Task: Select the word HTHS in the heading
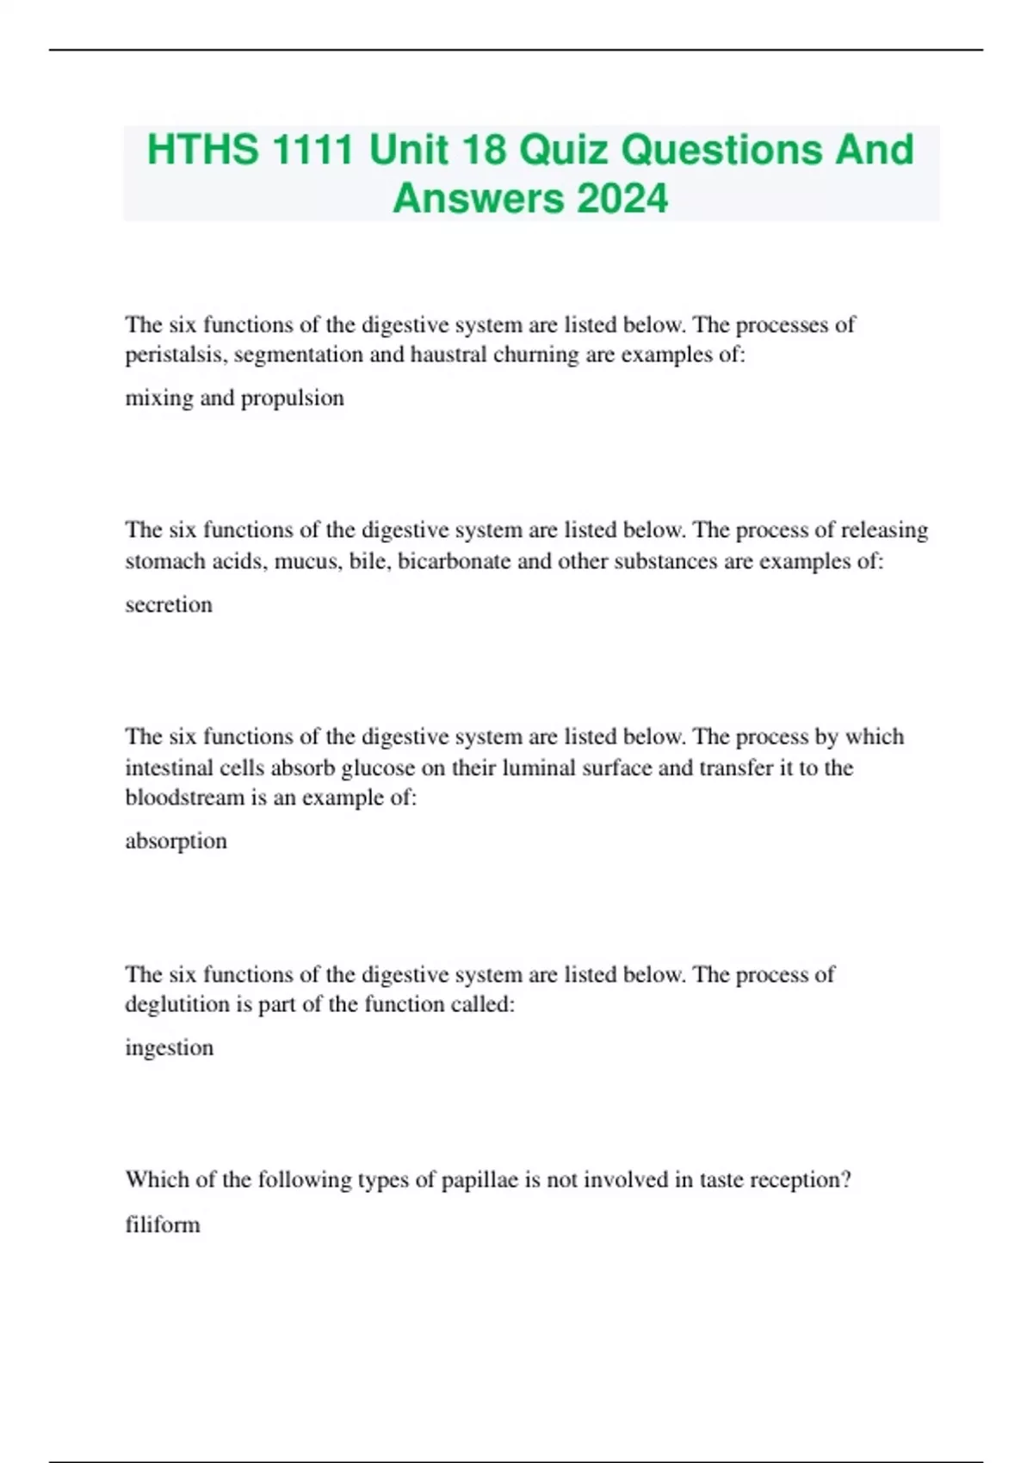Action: click(x=202, y=149)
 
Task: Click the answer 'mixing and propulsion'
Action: click(x=234, y=398)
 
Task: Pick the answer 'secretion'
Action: click(x=169, y=604)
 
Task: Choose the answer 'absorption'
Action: click(x=176, y=841)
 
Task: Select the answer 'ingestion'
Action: click(x=169, y=1047)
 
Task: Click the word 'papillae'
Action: click(x=479, y=1179)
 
